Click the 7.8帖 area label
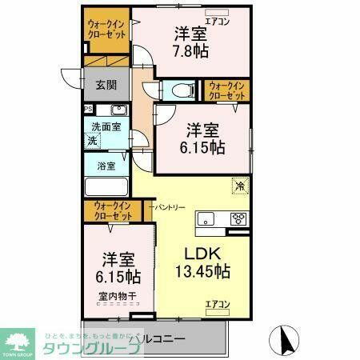190,50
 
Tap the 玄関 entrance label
107,85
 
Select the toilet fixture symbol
175,90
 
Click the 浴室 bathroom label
106,166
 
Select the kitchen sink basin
207,218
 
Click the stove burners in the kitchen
238,218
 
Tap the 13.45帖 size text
203,272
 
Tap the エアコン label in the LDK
218,303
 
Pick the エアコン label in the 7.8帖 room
218,22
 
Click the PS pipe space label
88,110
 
